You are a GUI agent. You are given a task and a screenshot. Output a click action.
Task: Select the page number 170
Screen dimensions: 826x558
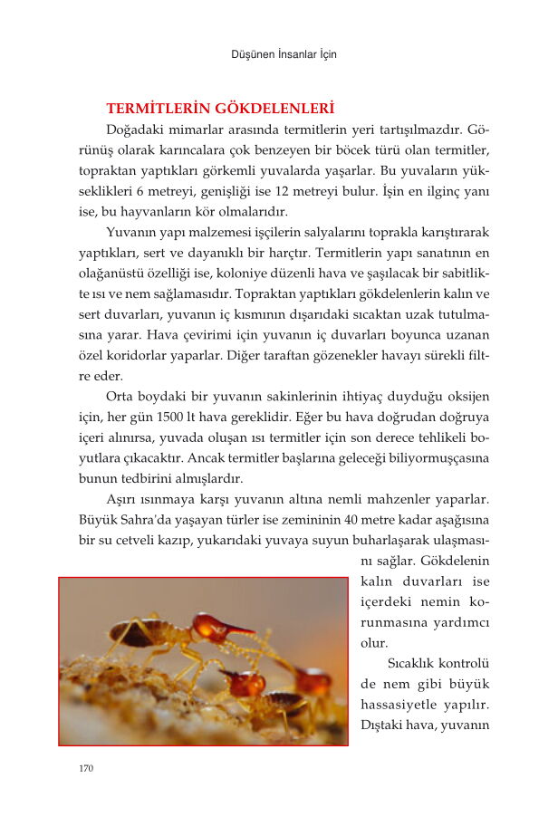click(x=86, y=769)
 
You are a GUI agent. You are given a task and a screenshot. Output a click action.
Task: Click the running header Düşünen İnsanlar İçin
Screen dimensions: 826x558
click(x=284, y=54)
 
